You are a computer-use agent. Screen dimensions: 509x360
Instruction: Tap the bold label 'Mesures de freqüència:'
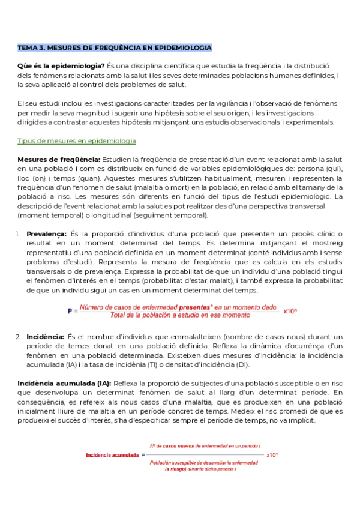(x=59, y=159)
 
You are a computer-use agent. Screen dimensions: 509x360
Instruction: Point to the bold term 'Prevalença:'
(x=47, y=233)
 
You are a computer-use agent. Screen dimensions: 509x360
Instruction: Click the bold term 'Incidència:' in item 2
(x=46, y=337)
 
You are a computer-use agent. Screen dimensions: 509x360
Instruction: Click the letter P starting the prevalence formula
(x=70, y=312)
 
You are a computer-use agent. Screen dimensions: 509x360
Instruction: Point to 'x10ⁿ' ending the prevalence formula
(x=290, y=312)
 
